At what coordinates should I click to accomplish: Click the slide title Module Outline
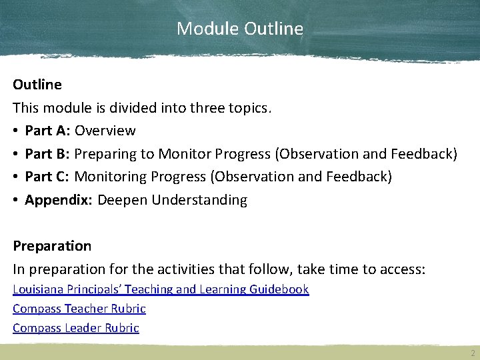[240, 29]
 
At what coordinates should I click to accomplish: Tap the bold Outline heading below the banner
[37, 85]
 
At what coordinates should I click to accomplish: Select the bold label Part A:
[47, 131]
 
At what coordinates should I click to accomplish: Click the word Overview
[105, 131]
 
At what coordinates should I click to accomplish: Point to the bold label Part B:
[47, 154]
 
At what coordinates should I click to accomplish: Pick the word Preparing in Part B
[105, 154]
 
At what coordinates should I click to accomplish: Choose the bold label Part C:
[47, 177]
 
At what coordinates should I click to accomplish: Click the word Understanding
[199, 200]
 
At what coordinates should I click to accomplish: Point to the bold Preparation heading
[52, 246]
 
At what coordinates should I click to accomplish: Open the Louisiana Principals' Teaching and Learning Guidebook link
[161, 289]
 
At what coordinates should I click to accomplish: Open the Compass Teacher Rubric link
[79, 309]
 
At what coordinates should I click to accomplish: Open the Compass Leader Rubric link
[76, 328]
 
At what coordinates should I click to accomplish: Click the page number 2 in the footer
[472, 353]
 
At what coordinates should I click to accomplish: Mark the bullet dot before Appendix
[16, 200]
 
